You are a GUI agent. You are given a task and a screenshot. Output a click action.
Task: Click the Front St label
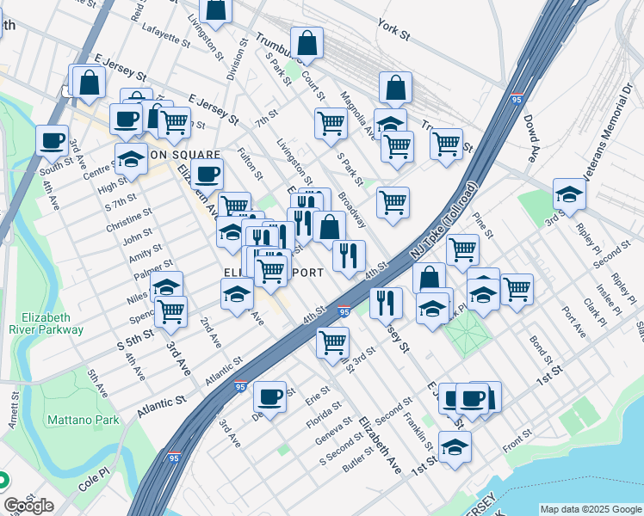519,443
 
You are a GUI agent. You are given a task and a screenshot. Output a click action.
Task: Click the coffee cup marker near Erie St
270,396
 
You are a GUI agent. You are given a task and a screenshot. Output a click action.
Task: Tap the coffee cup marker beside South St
52,140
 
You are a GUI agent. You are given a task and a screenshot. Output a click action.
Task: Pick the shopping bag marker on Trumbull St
307,43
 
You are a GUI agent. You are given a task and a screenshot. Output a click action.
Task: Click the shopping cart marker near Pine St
462,250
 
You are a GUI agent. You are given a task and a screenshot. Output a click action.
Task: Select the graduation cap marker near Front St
455,447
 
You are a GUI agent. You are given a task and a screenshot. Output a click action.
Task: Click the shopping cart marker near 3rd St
332,342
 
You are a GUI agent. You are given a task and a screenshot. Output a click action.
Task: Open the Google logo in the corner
28,506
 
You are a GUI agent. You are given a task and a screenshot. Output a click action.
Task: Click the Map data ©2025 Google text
590,508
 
